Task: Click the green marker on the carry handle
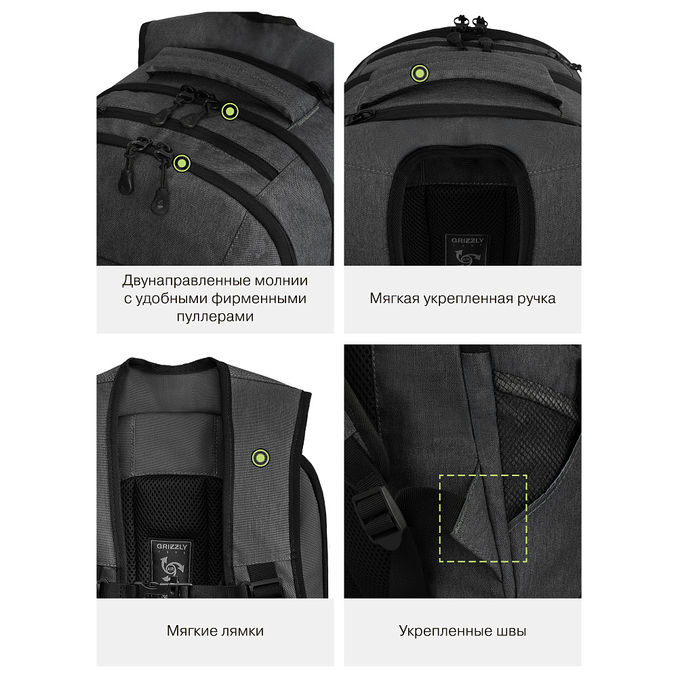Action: click(420, 73)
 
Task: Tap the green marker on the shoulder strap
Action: click(260, 458)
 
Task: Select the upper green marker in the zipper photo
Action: click(230, 112)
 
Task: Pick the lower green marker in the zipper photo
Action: click(182, 163)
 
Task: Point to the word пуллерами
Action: click(215, 317)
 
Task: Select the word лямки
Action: click(242, 631)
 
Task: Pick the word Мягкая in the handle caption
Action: click(395, 298)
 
